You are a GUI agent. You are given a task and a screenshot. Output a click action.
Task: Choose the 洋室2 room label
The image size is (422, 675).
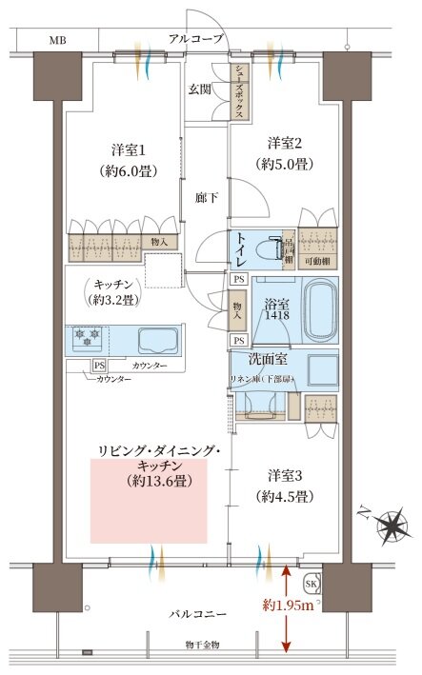(284, 143)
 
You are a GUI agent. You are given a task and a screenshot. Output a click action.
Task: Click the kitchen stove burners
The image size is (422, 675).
(88, 338)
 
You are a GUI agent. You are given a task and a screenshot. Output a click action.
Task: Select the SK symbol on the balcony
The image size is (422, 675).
(311, 584)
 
